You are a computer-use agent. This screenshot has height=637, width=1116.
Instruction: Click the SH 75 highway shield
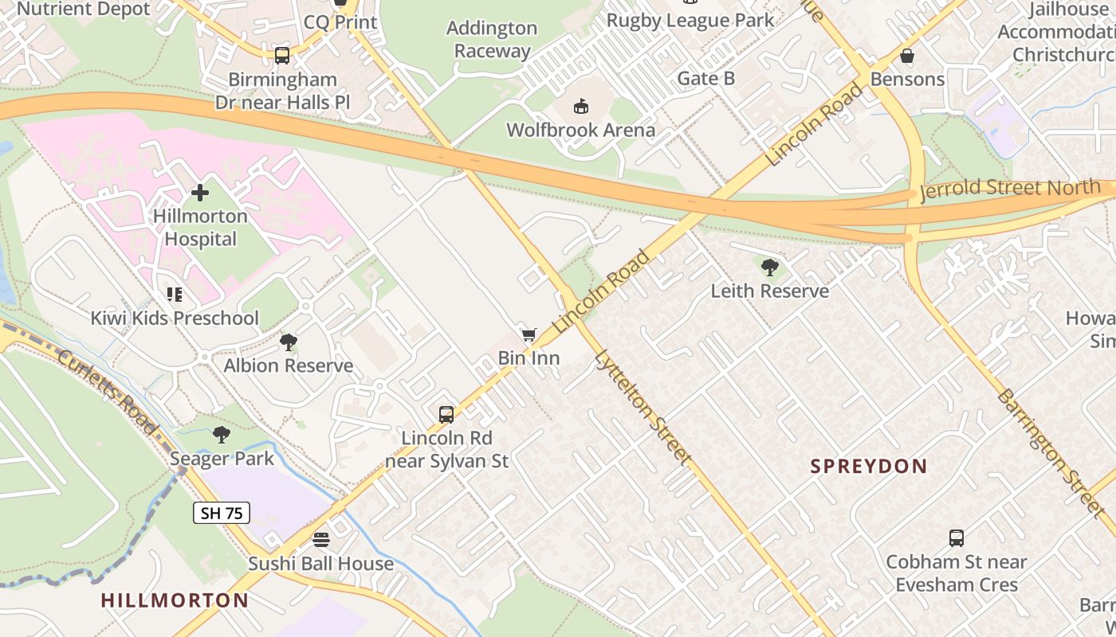(222, 513)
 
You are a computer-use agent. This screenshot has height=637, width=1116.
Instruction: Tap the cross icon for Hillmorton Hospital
(200, 193)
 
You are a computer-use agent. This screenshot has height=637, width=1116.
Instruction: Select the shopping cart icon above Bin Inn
(529, 335)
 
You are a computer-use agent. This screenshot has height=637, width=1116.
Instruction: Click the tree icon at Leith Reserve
(770, 268)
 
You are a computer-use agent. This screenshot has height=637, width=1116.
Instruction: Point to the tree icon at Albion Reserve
(289, 342)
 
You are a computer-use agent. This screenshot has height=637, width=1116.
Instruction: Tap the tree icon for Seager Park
(222, 435)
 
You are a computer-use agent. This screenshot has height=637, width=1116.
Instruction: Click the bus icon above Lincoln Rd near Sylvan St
(446, 415)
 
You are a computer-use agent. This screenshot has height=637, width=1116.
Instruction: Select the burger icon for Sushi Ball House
(320, 540)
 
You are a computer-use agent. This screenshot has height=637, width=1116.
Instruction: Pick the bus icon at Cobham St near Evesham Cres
(957, 538)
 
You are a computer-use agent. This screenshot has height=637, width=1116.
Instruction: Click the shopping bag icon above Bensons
(907, 56)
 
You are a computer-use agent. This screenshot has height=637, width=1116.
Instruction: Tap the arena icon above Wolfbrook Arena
(581, 107)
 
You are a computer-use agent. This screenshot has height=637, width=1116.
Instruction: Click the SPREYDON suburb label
(869, 467)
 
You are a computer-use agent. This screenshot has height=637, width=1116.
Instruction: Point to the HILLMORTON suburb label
(175, 600)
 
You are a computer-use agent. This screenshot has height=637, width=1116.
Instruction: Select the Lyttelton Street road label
(642, 407)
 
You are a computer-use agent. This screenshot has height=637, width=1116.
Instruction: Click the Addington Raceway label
(492, 40)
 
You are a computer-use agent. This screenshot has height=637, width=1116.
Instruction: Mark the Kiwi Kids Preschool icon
(175, 295)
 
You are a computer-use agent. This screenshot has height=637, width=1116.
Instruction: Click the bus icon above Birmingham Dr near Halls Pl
(282, 56)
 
